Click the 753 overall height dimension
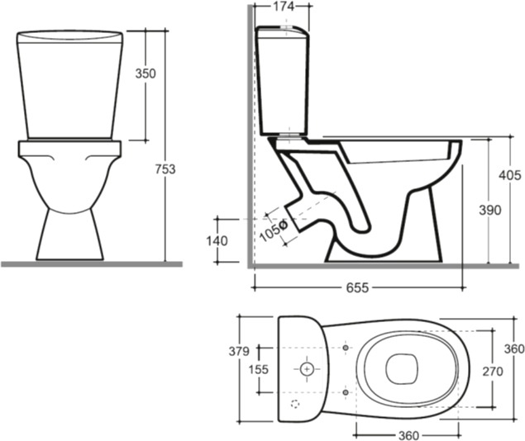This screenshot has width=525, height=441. pyautogui.click(x=165, y=169)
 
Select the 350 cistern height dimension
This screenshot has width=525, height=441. pyautogui.click(x=146, y=73)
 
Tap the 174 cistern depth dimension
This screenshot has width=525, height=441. pyautogui.click(x=284, y=6)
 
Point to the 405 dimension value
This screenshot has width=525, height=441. pyautogui.click(x=510, y=175)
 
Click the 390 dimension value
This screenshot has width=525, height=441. pyautogui.click(x=489, y=211)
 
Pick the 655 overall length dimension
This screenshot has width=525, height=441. pyautogui.click(x=357, y=287)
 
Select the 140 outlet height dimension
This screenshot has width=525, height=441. pyautogui.click(x=217, y=240)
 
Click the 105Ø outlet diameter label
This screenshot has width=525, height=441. pyautogui.click(x=274, y=230)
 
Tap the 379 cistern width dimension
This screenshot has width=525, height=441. pyautogui.click(x=239, y=351)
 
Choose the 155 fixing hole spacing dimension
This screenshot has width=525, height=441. pyautogui.click(x=259, y=369)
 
